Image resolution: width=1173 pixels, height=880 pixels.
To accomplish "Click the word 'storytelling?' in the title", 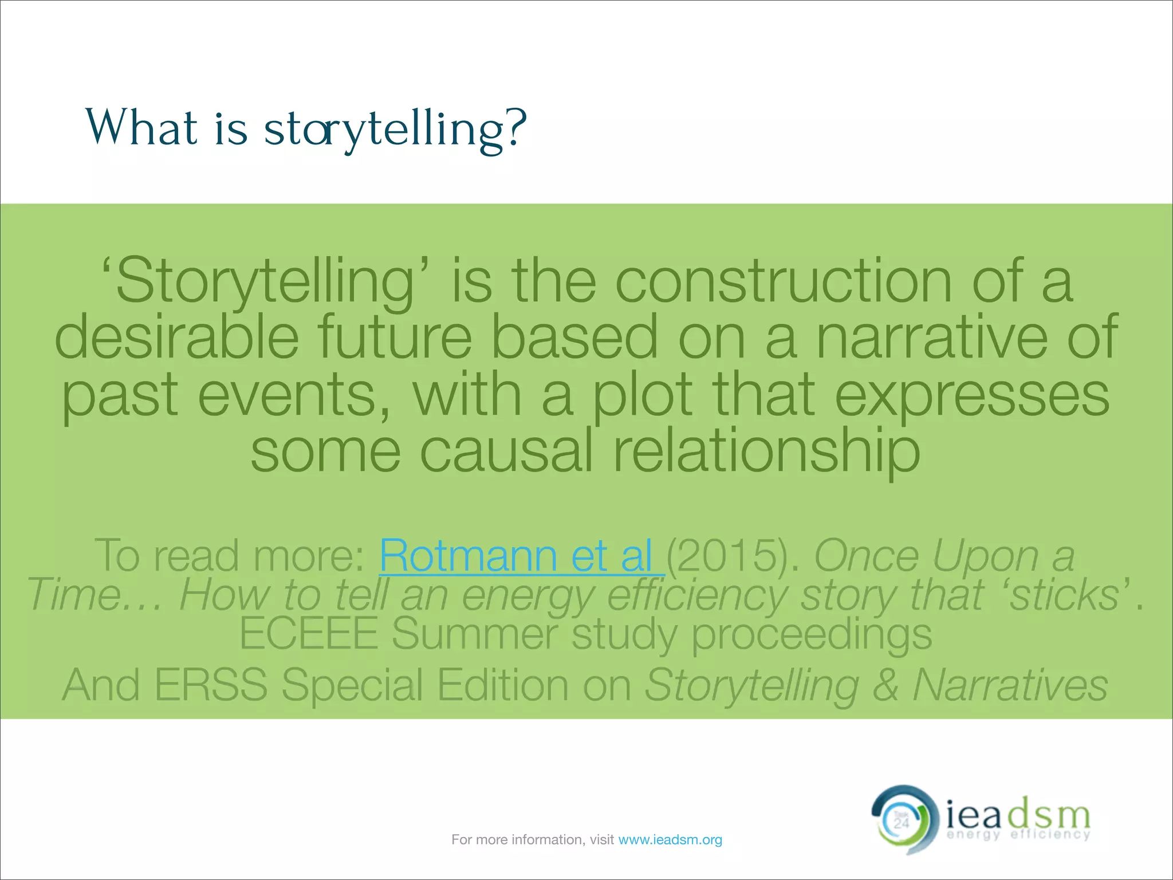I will click(x=395, y=129).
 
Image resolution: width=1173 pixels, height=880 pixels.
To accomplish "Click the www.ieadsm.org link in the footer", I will click(x=670, y=840).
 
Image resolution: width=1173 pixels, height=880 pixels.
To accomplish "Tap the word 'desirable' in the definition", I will click(x=176, y=337).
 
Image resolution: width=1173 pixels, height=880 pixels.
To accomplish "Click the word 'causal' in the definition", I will click(x=506, y=451).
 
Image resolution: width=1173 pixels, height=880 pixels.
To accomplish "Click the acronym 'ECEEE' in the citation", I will click(x=309, y=634).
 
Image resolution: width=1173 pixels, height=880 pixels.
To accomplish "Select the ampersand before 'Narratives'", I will click(x=885, y=685).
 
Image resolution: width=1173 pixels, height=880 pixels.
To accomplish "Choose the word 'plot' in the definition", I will click(x=642, y=395).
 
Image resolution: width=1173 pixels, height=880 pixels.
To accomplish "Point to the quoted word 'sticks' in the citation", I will click(x=1064, y=595).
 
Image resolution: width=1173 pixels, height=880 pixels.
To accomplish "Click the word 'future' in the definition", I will click(x=395, y=337).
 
